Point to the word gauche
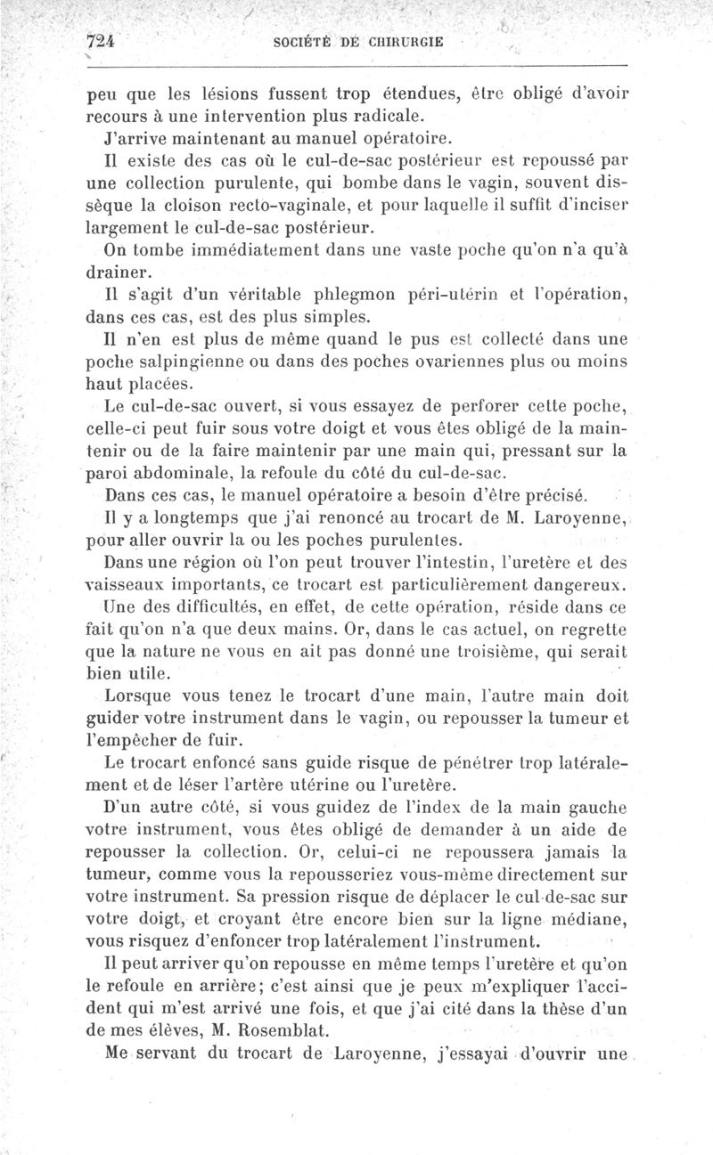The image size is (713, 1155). point(594,809)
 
